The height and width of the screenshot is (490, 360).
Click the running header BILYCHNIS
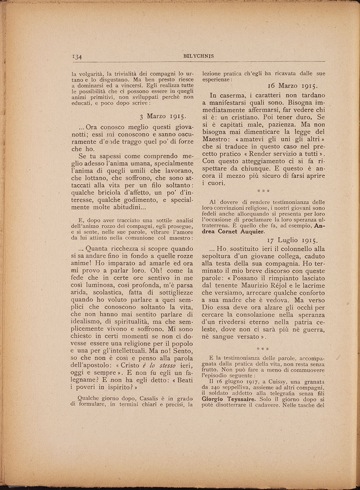point(198,56)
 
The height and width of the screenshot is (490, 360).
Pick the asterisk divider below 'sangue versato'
point(263,350)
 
